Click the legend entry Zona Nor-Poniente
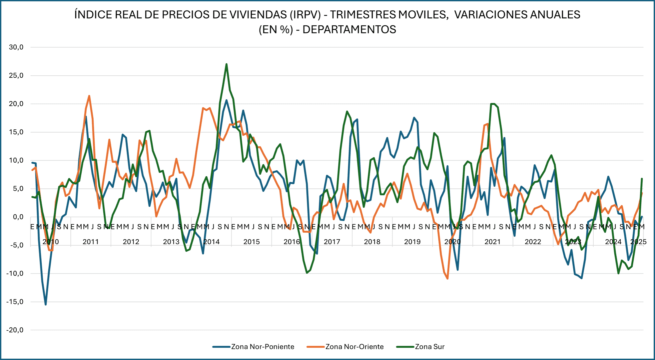(x=262, y=347)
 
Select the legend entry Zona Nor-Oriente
(x=354, y=347)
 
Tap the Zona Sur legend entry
(x=429, y=347)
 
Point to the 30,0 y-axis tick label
(x=16, y=47)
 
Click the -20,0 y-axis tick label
(x=15, y=330)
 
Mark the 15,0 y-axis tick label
(x=16, y=132)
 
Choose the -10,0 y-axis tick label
(x=15, y=273)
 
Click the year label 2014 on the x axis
(x=211, y=242)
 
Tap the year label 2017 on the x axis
(x=332, y=242)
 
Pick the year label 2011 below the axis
(x=91, y=242)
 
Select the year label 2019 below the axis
(x=412, y=242)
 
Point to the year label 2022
(x=533, y=242)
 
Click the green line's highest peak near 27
(x=227, y=64)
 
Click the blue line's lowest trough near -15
(x=46, y=304)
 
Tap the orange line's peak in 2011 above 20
(x=89, y=96)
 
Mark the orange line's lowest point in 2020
(x=447, y=278)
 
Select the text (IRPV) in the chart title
(x=305, y=15)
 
